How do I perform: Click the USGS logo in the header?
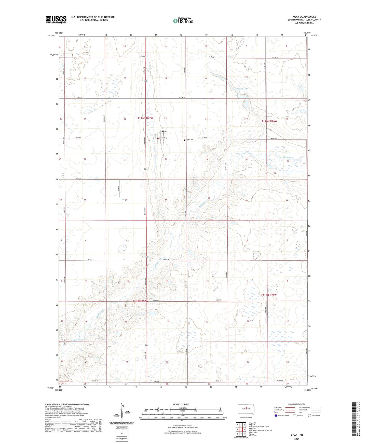(x=56, y=20)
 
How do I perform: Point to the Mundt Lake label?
(x=242, y=89)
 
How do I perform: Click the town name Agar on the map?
(x=164, y=131)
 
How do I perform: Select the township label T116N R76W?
(x=269, y=121)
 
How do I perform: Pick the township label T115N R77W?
(x=140, y=301)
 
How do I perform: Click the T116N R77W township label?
(x=145, y=118)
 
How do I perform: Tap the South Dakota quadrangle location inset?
(x=246, y=410)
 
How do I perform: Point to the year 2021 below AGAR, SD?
(x=297, y=439)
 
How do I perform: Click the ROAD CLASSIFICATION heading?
(x=297, y=404)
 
